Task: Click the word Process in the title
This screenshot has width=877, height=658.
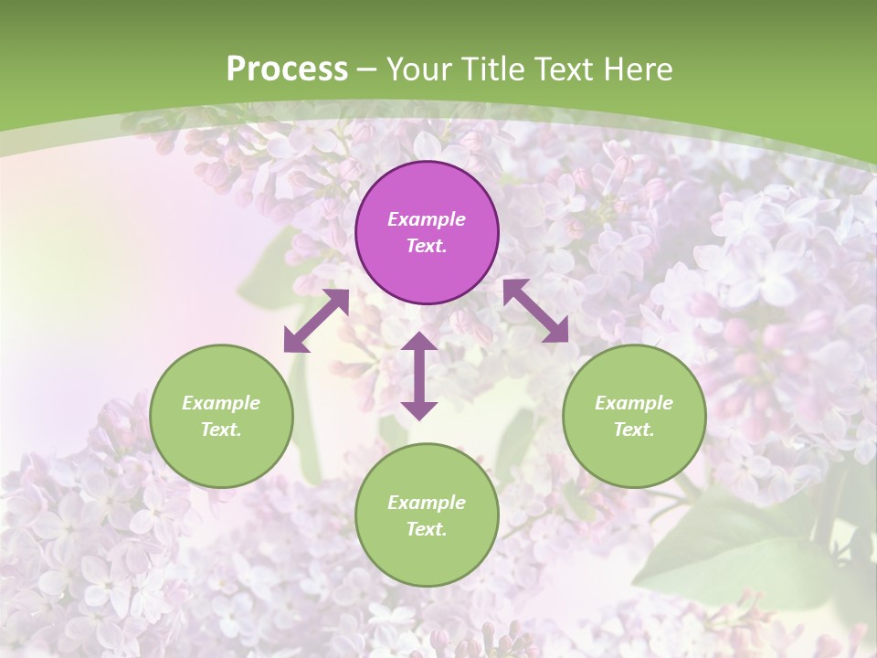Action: pyautogui.click(x=287, y=69)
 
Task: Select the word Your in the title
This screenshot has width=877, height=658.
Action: pyautogui.click(x=420, y=69)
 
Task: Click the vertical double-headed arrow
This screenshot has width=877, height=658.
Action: pyautogui.click(x=419, y=376)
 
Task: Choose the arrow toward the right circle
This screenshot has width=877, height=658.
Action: pyautogui.click(x=536, y=311)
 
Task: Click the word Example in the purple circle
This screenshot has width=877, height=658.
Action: pyautogui.click(x=427, y=219)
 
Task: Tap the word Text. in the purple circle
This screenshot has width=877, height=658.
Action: pyautogui.click(x=427, y=246)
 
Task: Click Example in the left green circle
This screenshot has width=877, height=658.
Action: pyautogui.click(x=221, y=403)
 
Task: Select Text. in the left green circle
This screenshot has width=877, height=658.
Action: pyautogui.click(x=221, y=430)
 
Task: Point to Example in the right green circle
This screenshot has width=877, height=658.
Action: pyautogui.click(x=634, y=403)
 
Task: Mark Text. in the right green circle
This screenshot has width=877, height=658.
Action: pyautogui.click(x=634, y=430)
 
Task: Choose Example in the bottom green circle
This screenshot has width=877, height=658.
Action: pyautogui.click(x=427, y=503)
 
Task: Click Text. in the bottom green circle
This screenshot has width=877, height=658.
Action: pyautogui.click(x=427, y=529)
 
